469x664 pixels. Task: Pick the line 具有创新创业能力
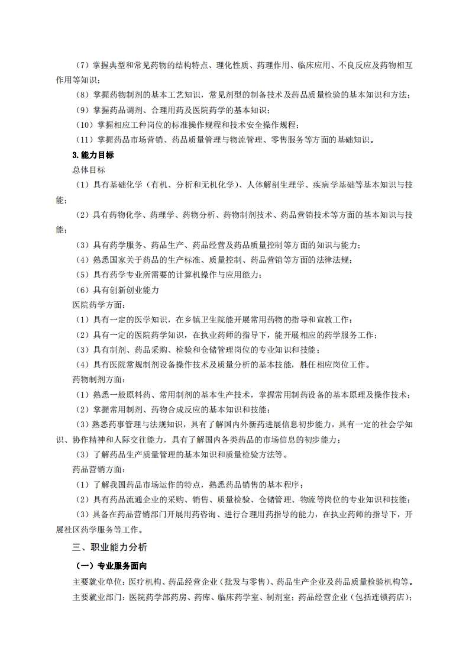point(126,290)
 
